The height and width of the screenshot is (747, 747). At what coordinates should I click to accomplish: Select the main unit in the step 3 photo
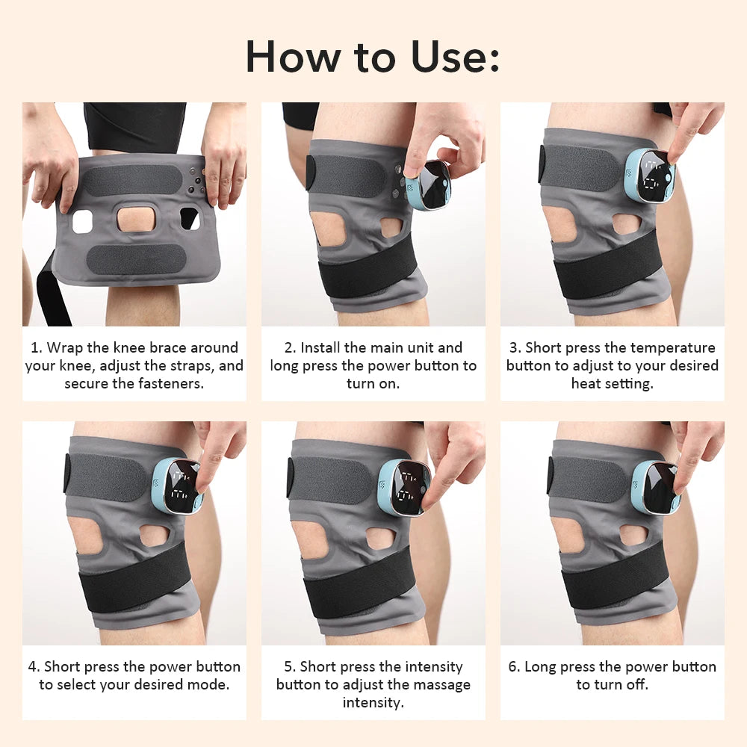pyautogui.click(x=649, y=176)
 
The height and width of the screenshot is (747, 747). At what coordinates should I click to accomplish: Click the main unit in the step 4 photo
pyautogui.click(x=178, y=486)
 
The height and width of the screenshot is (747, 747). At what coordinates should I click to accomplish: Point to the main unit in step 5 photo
pyautogui.click(x=403, y=487)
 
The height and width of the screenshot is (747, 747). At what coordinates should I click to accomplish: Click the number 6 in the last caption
pyautogui.click(x=513, y=666)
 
